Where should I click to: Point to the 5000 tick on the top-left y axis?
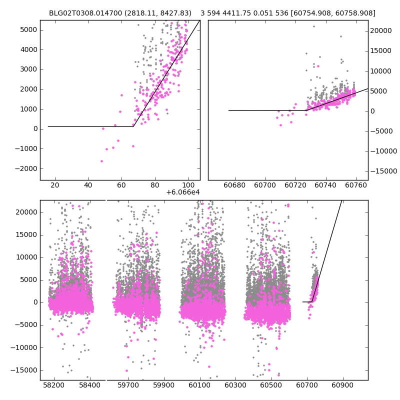(x=29, y=29)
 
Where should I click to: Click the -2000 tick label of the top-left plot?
(x=27, y=168)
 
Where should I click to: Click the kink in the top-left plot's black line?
(x=133, y=126)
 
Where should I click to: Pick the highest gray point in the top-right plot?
(x=313, y=26)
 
